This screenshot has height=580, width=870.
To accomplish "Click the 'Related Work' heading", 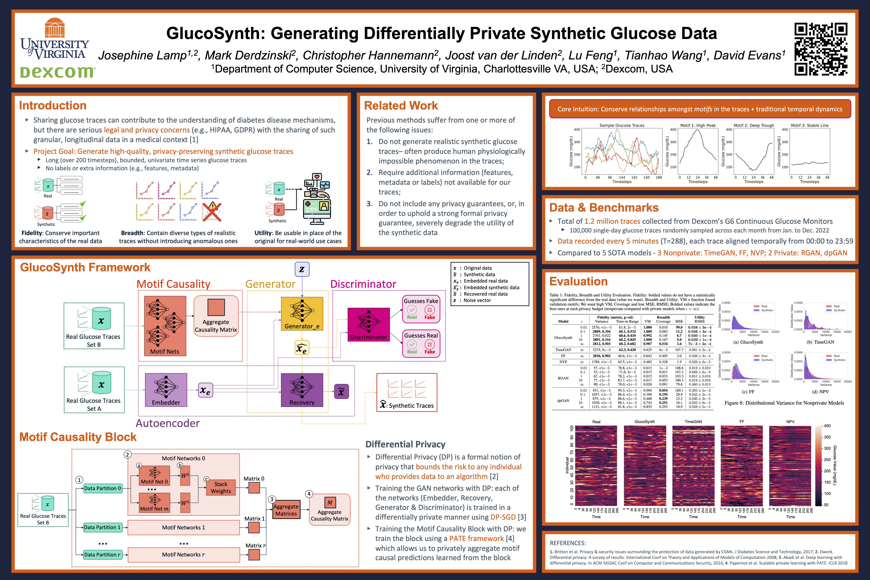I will [401, 105].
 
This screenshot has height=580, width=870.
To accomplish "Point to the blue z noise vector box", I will [302, 269].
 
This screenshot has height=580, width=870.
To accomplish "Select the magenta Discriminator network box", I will [368, 324].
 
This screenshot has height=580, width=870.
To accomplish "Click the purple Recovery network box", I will [302, 389].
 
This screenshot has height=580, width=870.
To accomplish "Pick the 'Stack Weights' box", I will [221, 488].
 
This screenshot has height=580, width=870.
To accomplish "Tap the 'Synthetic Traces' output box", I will [407, 393].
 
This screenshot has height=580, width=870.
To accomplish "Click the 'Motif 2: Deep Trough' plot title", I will [753, 125].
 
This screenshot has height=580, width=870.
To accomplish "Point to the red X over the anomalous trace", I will [212, 212].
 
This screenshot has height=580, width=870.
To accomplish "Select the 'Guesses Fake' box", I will [421, 309].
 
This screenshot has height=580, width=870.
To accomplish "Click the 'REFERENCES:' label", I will [568, 543].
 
